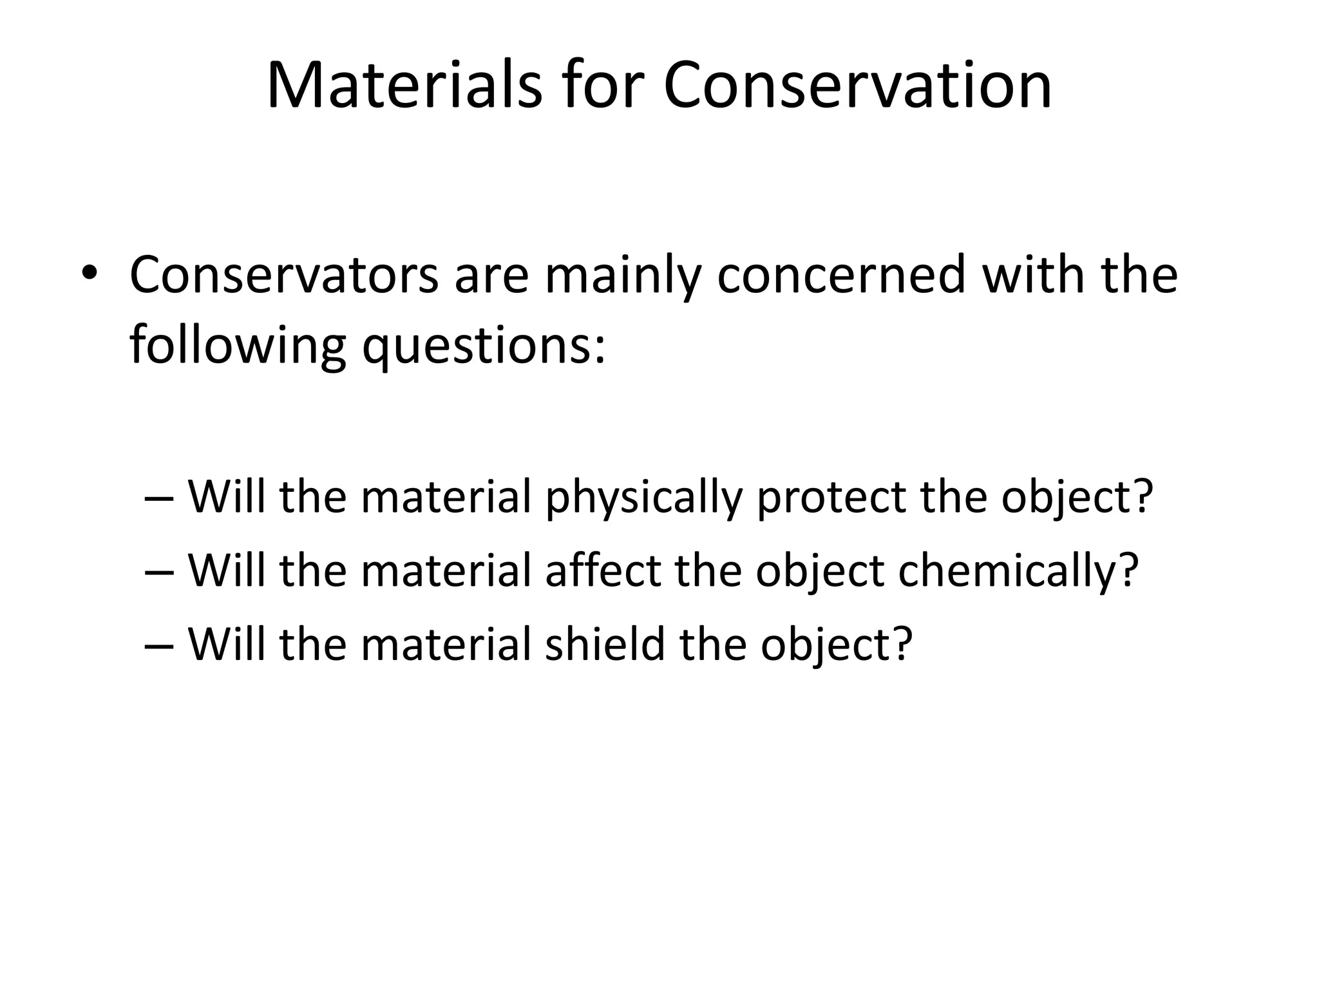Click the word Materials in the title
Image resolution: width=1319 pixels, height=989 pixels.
[x=404, y=85]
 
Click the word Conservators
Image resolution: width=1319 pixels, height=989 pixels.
[x=284, y=275]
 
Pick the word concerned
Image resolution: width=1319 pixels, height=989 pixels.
[x=842, y=275]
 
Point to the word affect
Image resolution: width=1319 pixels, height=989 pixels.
[x=603, y=570]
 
